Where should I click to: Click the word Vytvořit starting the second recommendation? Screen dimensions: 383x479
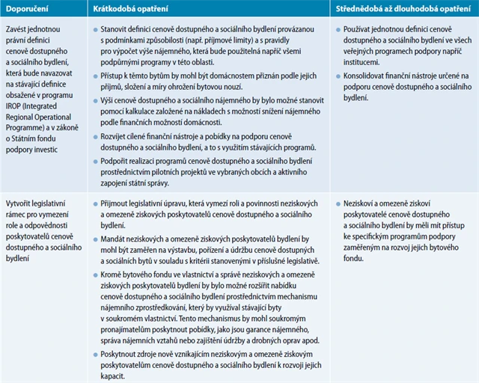(21, 204)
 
